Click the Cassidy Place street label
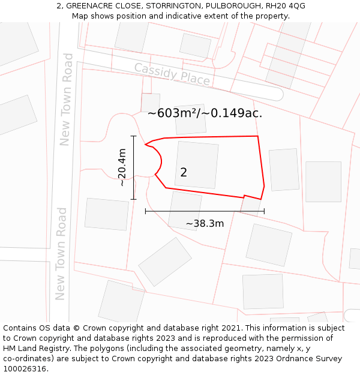tap(172, 74)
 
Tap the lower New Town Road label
tap(61, 253)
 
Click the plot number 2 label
tap(184, 172)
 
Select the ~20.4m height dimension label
tap(122, 167)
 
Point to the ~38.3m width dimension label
tap(205, 224)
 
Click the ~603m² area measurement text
tap(205, 113)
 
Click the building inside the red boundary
tap(196, 164)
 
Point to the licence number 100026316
tap(26, 368)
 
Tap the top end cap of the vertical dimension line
tap(133, 137)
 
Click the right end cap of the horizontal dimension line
tap(264, 211)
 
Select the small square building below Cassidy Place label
tap(151, 103)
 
